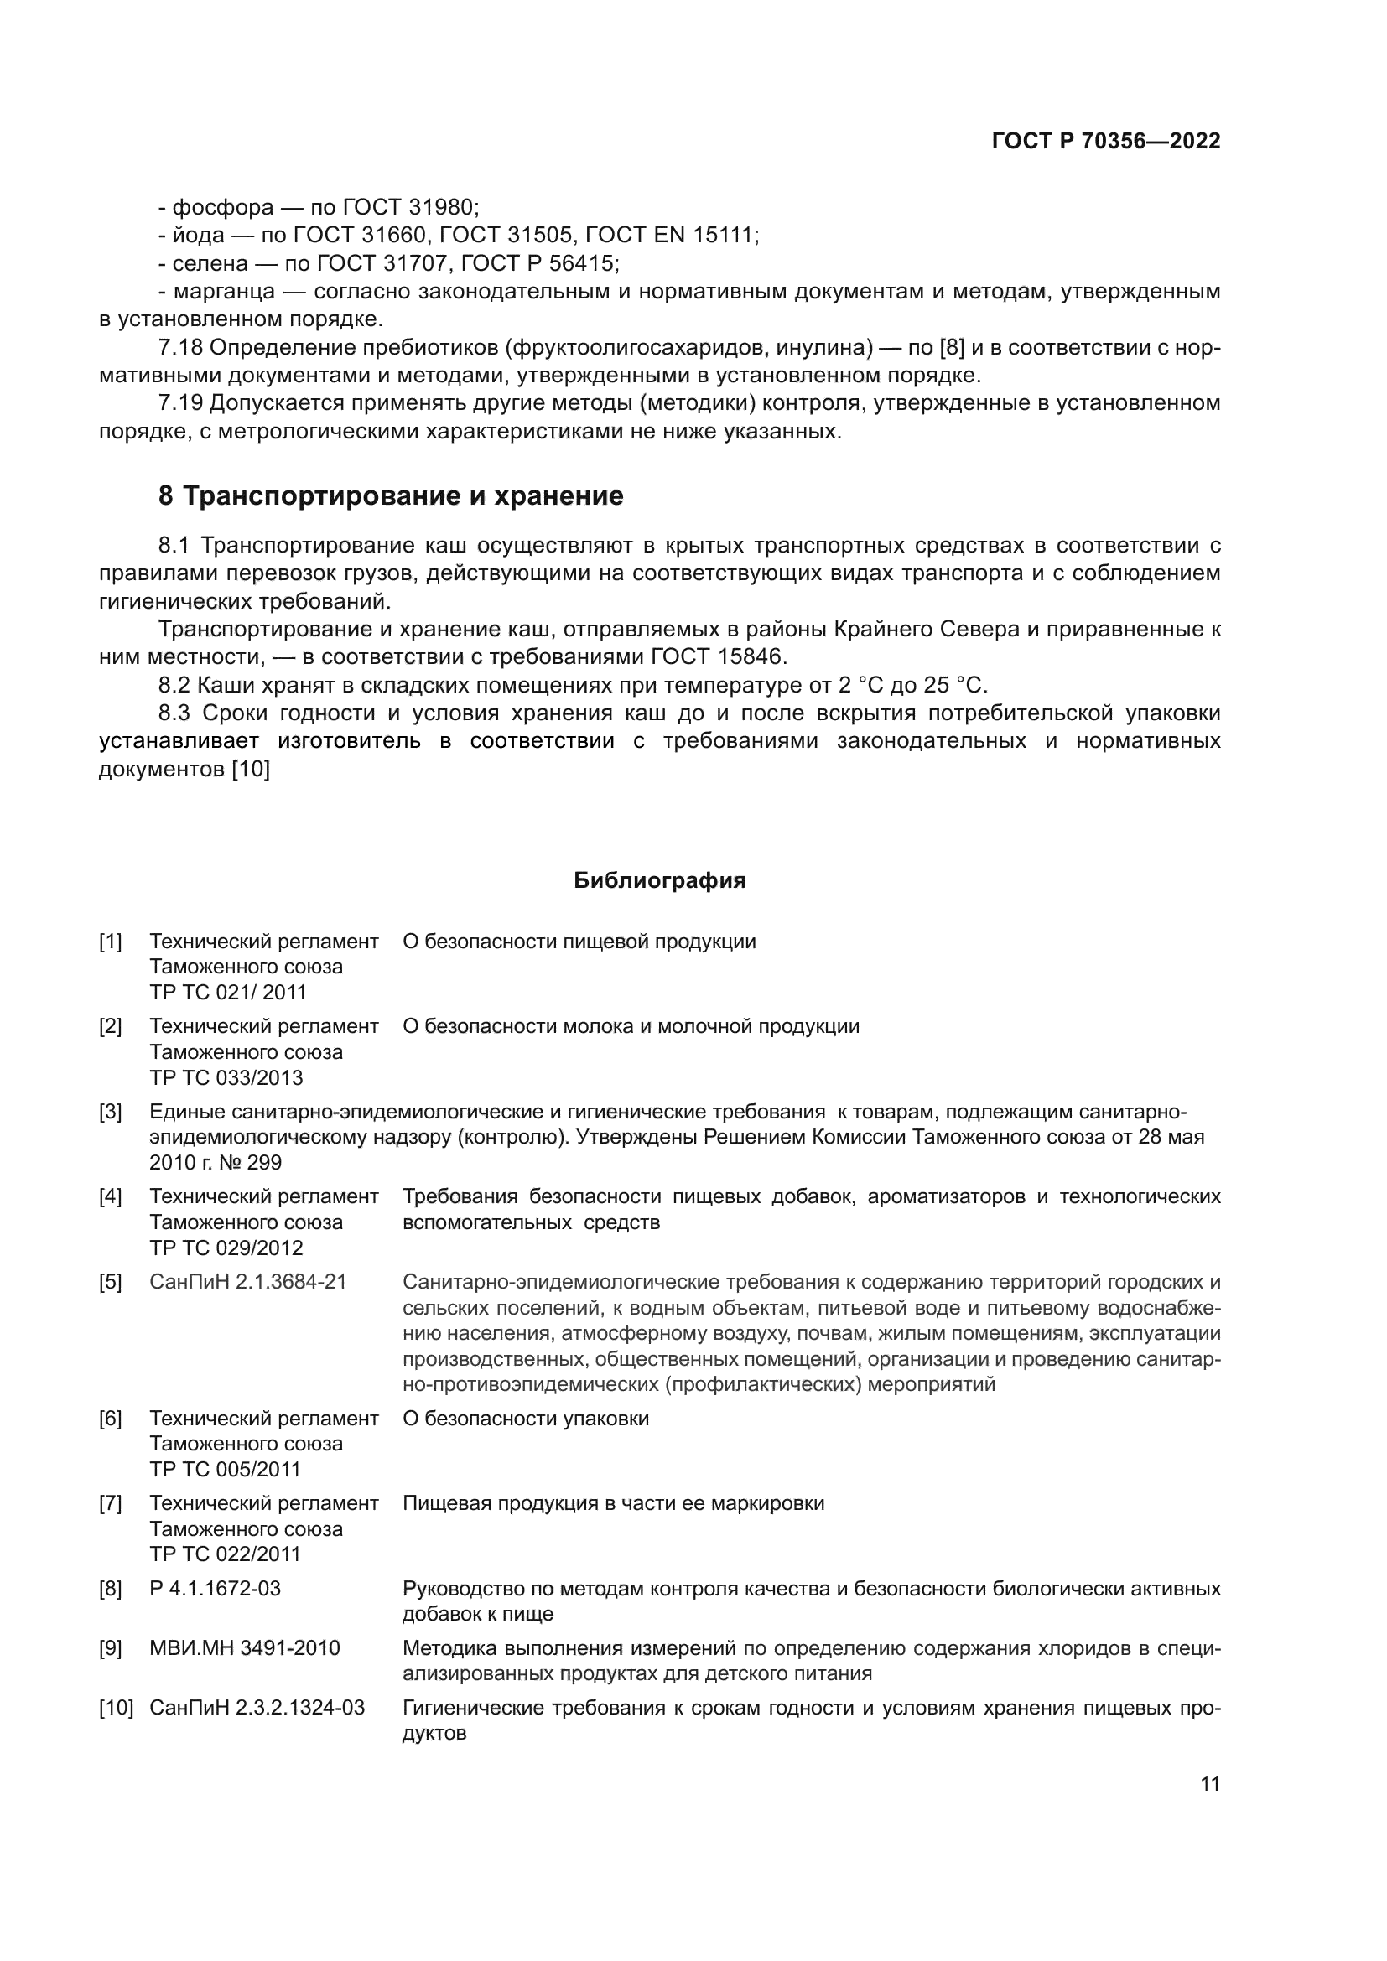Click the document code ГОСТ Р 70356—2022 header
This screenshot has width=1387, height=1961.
tap(1105, 141)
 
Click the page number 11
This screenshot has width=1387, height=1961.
tap(1209, 1783)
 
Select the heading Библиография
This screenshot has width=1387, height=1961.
tap(659, 880)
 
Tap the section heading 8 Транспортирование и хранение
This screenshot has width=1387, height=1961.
tap(390, 495)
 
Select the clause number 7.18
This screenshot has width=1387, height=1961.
tap(180, 348)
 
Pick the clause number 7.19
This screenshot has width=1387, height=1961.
tap(180, 403)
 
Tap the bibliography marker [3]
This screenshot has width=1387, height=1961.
tap(110, 1111)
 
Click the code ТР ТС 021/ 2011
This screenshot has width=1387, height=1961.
tap(227, 992)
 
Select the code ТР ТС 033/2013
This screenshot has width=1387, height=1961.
tap(226, 1077)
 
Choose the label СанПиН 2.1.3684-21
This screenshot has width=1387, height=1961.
tap(247, 1281)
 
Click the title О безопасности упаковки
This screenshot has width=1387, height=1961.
tap(525, 1418)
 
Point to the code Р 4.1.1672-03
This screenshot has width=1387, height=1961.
tap(215, 1588)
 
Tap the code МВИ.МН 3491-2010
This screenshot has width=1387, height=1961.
tap(244, 1647)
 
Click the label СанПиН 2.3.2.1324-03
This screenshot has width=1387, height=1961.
tap(257, 1707)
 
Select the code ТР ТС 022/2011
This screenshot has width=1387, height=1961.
tap(226, 1554)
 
